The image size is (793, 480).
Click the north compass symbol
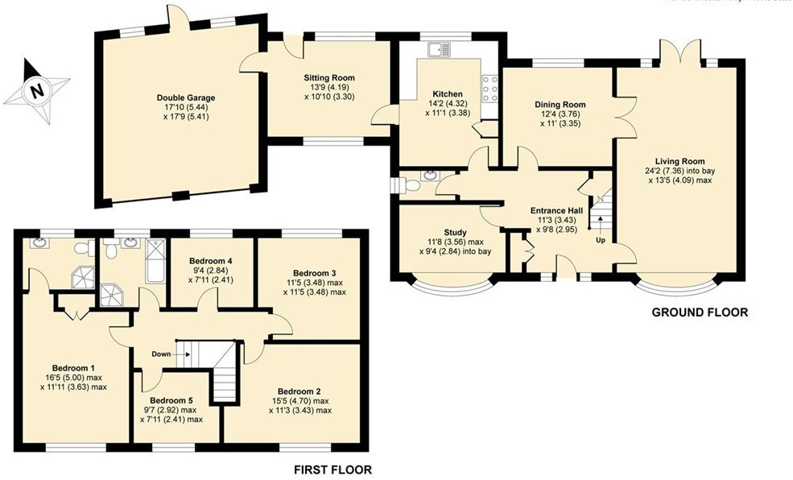click(35, 90)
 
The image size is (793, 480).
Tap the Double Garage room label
click(185, 98)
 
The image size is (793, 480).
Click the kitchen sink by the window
click(439, 49)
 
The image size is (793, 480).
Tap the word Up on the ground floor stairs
click(601, 239)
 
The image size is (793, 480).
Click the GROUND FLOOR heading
click(699, 312)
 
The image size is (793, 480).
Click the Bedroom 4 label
click(211, 261)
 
